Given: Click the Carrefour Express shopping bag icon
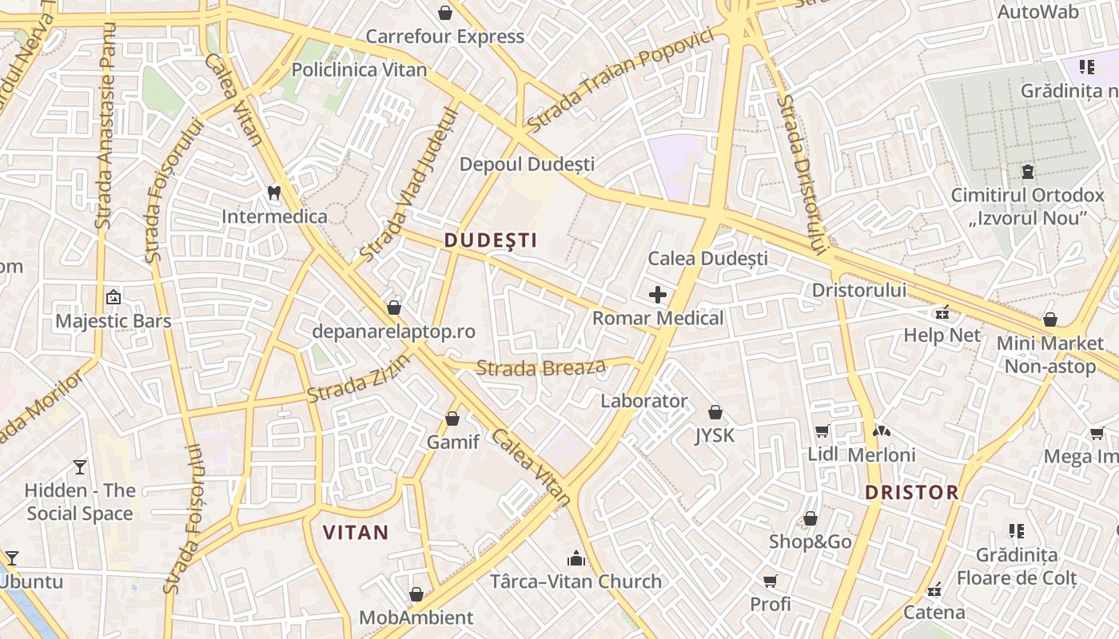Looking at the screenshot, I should [x=445, y=13].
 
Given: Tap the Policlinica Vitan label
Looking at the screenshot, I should [x=359, y=69].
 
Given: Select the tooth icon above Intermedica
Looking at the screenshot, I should [x=274, y=192].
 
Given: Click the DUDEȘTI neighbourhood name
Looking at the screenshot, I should [x=490, y=240].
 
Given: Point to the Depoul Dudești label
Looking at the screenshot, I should [x=527, y=164].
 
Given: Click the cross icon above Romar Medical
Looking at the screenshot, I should [x=658, y=295].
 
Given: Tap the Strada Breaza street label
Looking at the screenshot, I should [x=541, y=368].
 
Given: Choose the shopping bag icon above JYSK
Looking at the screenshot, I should [x=715, y=412].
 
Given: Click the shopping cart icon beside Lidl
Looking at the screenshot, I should [x=822, y=431].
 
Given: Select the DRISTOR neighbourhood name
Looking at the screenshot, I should [x=911, y=492].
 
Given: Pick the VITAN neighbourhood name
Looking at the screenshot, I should [x=355, y=532].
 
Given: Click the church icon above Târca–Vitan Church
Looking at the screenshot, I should [x=575, y=558].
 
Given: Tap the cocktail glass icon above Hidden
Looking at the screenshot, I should [x=80, y=466].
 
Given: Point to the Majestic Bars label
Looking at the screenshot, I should [x=113, y=321].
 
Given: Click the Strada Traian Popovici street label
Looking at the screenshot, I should [x=619, y=81].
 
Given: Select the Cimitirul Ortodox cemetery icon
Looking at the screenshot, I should [x=1027, y=172].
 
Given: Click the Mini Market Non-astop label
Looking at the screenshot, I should [x=1050, y=355].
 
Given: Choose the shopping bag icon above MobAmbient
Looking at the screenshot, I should [x=416, y=594].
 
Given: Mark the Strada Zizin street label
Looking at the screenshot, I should [x=359, y=379].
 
